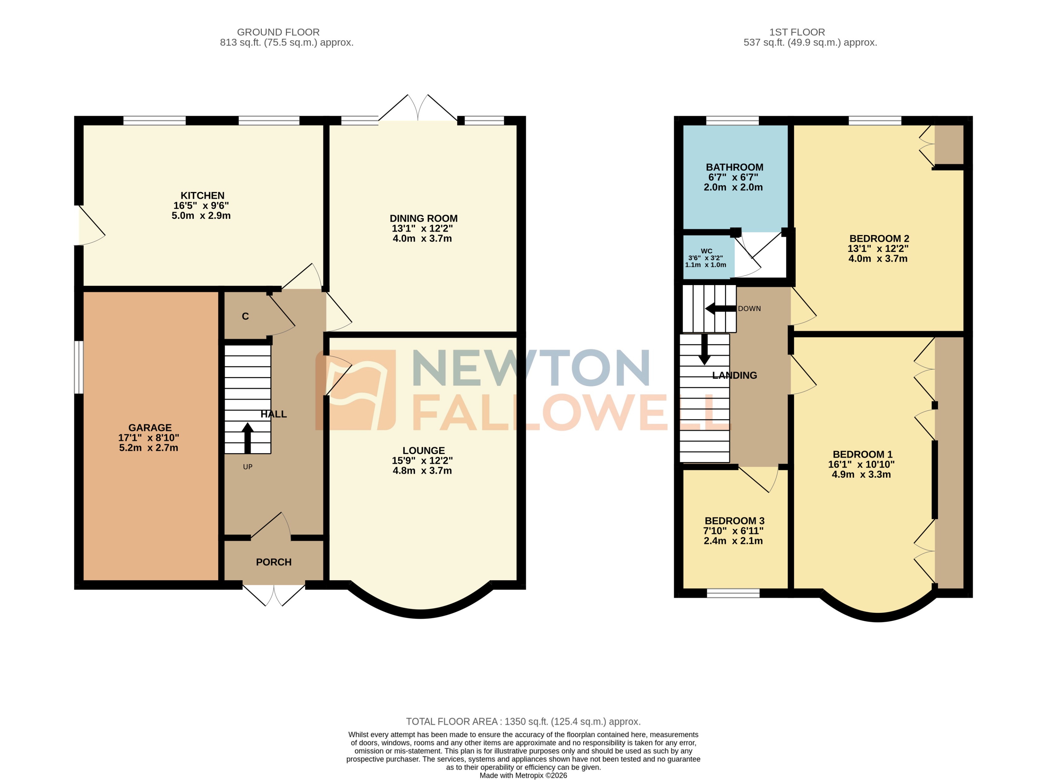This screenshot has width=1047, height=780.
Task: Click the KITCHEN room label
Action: tap(202, 196)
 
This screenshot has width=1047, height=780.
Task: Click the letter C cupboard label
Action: tap(245, 316)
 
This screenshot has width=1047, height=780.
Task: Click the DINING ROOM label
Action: tap(423, 218)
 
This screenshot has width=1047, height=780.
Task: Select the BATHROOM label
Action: tap(734, 167)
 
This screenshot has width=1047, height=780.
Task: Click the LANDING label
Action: tap(734, 375)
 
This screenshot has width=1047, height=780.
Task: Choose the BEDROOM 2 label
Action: tap(879, 238)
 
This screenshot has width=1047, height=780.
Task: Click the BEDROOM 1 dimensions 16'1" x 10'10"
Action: tap(861, 464)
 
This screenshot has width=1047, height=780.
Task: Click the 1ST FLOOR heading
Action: tap(797, 32)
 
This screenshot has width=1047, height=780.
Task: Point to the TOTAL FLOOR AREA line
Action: tap(523, 721)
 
